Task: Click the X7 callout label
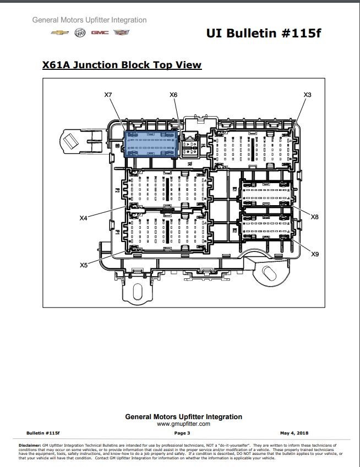108,95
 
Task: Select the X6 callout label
173,95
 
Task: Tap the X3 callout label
308,95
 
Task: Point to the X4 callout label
84,218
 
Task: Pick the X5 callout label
84,265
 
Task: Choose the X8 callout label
315,217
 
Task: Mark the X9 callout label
315,254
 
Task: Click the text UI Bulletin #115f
263,34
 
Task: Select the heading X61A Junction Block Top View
122,65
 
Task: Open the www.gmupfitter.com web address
183,424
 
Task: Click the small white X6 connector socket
189,145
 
